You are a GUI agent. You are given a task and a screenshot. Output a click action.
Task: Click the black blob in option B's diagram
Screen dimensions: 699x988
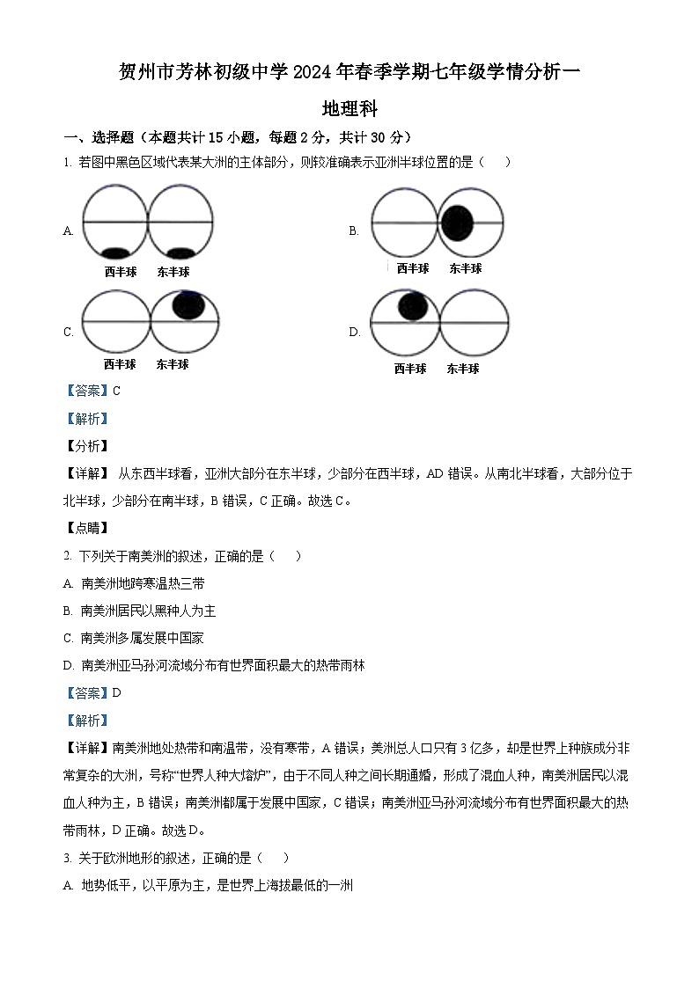tap(457, 223)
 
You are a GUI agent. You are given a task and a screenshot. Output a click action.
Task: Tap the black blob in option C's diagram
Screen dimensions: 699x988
tap(189, 304)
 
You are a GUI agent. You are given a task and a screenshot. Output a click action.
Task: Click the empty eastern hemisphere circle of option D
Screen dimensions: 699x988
tap(474, 323)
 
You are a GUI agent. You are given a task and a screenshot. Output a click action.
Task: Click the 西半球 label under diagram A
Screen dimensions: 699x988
tap(120, 272)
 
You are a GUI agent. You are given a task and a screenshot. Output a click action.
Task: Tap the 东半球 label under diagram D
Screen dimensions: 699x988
tap(463, 369)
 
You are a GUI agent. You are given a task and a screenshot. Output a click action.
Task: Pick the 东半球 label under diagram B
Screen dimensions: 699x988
tap(465, 268)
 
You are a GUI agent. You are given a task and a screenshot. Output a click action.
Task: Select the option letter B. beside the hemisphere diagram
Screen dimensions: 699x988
tap(354, 231)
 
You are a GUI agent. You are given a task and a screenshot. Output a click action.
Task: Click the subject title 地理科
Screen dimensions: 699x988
tap(349, 109)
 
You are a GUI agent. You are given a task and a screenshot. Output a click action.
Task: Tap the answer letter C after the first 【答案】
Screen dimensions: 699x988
tap(116, 391)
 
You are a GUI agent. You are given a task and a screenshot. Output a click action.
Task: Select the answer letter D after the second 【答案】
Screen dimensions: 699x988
tap(116, 692)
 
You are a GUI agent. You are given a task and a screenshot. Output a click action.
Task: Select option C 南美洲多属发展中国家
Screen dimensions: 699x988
tap(142, 638)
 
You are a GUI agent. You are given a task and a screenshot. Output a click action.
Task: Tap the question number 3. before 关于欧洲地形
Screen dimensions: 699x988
tap(67, 858)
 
